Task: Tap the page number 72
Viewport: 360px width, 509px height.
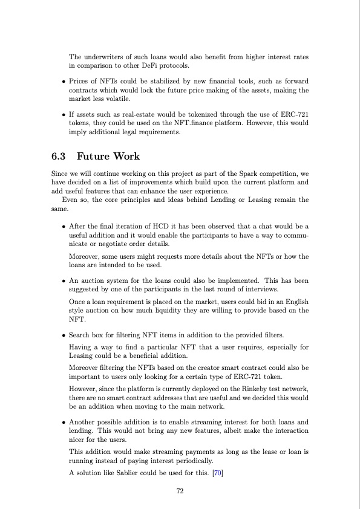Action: [x=180, y=491]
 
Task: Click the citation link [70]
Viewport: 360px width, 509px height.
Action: [x=217, y=472]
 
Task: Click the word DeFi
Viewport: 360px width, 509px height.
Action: [x=156, y=65]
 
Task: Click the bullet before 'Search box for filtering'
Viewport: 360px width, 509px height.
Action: [x=64, y=335]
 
